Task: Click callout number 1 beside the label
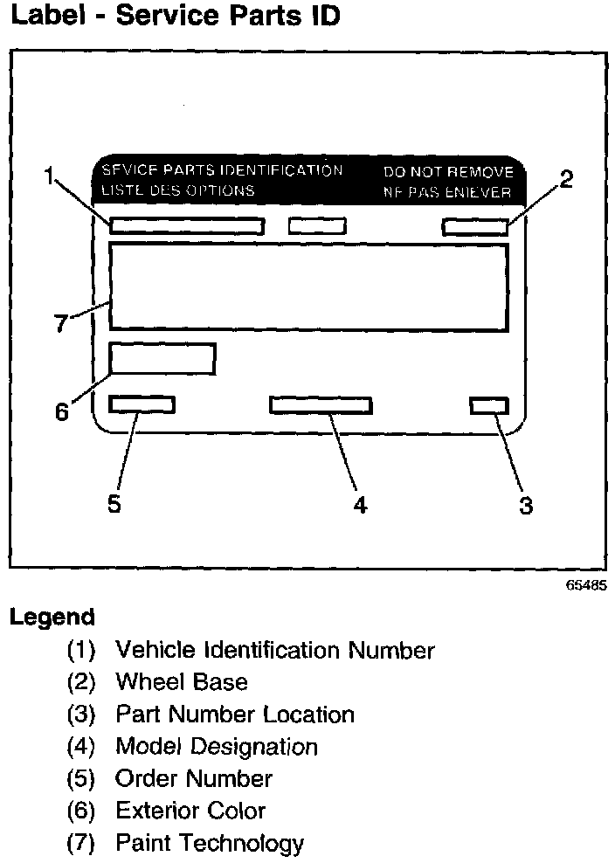[x=52, y=177]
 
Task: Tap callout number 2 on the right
[x=566, y=181]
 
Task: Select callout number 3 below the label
[x=525, y=506]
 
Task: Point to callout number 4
[x=359, y=506]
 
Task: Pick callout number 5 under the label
[x=114, y=505]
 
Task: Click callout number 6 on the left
[x=62, y=411]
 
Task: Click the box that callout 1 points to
[x=187, y=226]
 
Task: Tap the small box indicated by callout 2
[x=475, y=227]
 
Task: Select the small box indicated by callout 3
[x=488, y=405]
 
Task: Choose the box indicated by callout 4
[x=321, y=405]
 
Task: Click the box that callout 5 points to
[x=142, y=404]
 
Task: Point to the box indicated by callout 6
[x=162, y=359]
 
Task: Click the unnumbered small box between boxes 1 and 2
[x=317, y=226]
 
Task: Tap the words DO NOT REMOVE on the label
[x=448, y=172]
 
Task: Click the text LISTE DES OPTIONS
[x=178, y=190]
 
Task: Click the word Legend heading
[x=52, y=617]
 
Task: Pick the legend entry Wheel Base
[x=182, y=682]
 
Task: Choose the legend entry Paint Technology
[x=210, y=843]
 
